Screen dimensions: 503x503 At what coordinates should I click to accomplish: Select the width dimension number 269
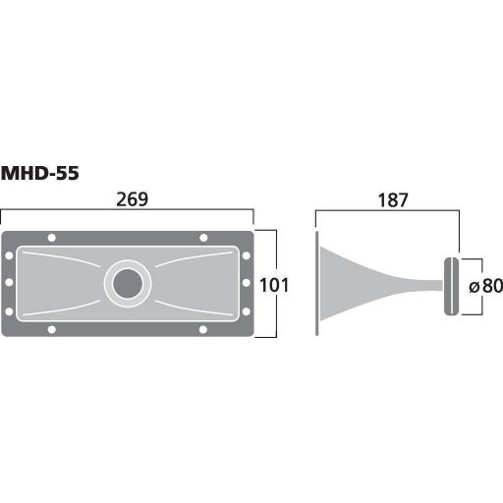pos(131,199)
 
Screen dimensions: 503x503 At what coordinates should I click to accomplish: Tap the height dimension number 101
pos(274,286)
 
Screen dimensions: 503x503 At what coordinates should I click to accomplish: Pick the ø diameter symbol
pos(473,287)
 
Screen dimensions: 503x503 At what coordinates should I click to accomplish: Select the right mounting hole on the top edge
pos(203,238)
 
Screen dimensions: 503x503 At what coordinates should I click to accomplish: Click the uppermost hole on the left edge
pos(10,255)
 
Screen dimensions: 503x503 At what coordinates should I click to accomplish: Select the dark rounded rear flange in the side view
pos(451,286)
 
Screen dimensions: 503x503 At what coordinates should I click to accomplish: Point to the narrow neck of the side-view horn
pos(427,286)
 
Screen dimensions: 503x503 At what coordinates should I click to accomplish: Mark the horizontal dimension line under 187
pos(388,211)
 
